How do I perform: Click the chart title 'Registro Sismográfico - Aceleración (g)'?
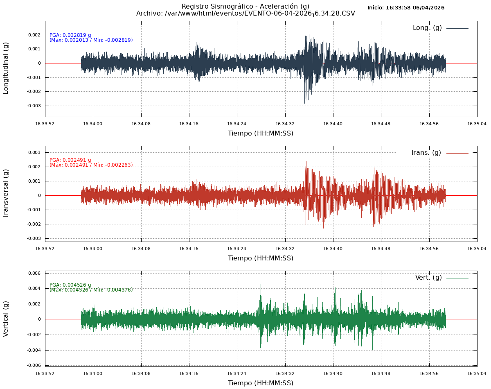(x=245, y=6)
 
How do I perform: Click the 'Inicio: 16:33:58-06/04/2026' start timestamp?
(x=406, y=8)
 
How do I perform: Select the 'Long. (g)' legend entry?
(x=427, y=28)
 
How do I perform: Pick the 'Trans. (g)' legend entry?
(x=426, y=153)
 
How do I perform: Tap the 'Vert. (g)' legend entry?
(x=428, y=278)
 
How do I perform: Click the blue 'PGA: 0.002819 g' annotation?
(x=70, y=35)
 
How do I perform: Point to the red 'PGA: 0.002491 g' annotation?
(x=70, y=160)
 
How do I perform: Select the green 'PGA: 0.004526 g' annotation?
(x=70, y=285)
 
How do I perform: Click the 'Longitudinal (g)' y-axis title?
(x=6, y=68)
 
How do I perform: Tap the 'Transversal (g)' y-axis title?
(x=6, y=193)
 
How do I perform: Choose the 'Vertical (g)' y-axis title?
(x=6, y=319)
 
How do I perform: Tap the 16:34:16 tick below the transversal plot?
(x=189, y=248)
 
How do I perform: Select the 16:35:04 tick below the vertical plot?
(x=477, y=373)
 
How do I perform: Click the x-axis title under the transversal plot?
(x=261, y=258)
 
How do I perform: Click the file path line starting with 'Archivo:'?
(x=245, y=14)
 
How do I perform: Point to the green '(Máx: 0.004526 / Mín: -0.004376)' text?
(x=91, y=290)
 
